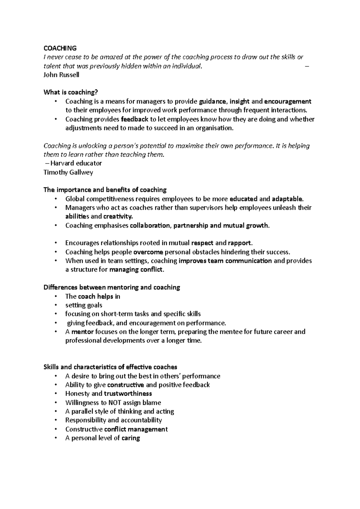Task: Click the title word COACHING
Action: coord(60,48)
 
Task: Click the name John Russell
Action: coord(61,75)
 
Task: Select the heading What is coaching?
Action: coord(71,92)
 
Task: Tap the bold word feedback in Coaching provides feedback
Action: coord(135,119)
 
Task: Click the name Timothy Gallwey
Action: coord(68,172)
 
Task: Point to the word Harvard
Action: coord(63,163)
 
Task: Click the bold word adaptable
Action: coord(288,199)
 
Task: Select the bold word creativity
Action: coord(118,216)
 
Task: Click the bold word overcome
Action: coord(148,252)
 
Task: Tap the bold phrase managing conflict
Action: coord(137,269)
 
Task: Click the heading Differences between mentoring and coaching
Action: coord(112,287)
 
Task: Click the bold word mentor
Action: coord(83,332)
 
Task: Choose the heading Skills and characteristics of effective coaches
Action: coord(110,367)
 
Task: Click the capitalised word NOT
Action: coord(115,403)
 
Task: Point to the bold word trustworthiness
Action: coord(128,394)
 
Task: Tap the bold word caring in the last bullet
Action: coord(131,438)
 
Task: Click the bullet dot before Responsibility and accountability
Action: coord(56,420)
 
